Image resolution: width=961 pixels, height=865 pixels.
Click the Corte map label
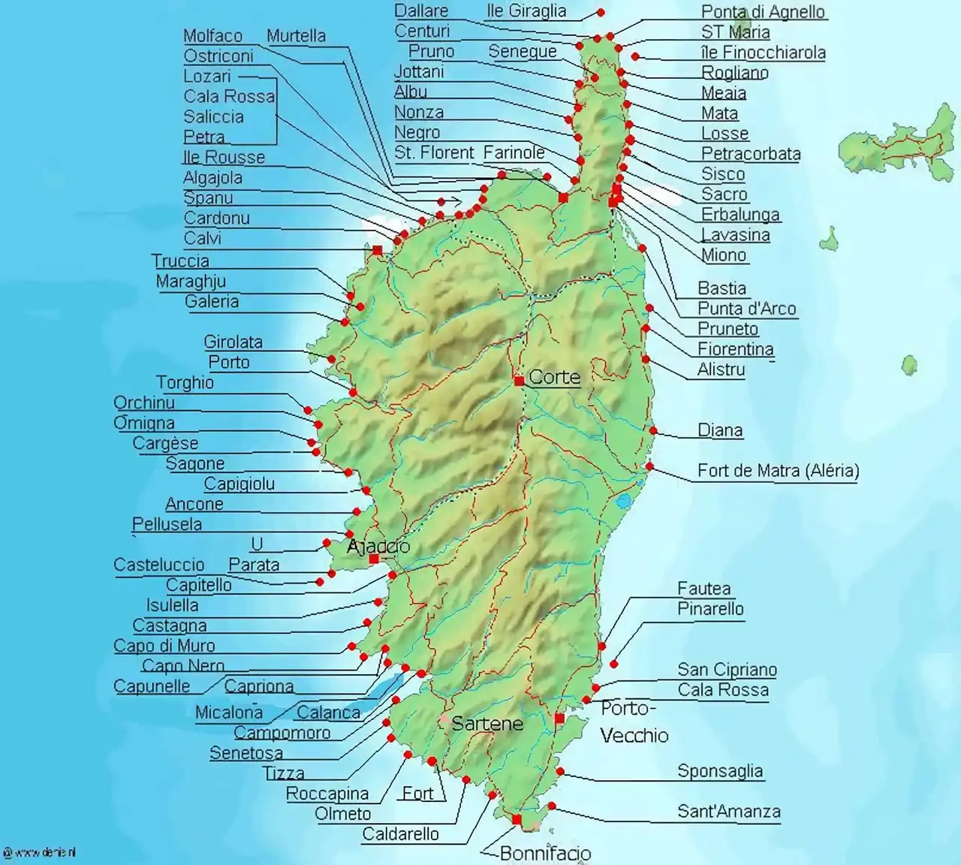click(x=554, y=377)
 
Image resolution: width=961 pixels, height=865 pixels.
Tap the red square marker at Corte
click(x=519, y=381)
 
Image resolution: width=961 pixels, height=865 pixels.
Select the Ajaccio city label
click(x=378, y=546)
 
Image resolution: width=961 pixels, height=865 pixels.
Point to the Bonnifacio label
click(x=545, y=853)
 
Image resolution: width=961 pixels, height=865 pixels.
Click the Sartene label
click(x=487, y=723)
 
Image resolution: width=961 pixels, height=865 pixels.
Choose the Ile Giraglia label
click(x=526, y=11)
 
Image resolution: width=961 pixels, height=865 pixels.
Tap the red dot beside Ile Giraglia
click(x=601, y=12)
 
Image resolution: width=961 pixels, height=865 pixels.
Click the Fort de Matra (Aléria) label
click(x=778, y=471)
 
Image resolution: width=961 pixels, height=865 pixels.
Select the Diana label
click(x=720, y=430)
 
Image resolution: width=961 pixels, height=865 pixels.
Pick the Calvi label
click(x=203, y=238)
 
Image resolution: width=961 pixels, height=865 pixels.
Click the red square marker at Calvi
click(x=377, y=250)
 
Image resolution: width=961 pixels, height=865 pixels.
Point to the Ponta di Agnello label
click(x=763, y=11)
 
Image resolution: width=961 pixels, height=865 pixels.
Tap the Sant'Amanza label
click(x=728, y=811)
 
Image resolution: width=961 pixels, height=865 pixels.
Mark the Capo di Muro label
click(x=164, y=646)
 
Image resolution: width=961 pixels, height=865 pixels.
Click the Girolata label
click(x=233, y=342)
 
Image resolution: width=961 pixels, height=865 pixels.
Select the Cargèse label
click(x=165, y=443)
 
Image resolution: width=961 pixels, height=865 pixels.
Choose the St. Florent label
click(x=434, y=152)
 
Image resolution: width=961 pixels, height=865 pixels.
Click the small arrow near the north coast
click(x=453, y=202)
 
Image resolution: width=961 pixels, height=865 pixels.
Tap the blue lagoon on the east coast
click(x=623, y=501)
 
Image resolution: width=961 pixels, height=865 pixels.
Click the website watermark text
click(x=41, y=852)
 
